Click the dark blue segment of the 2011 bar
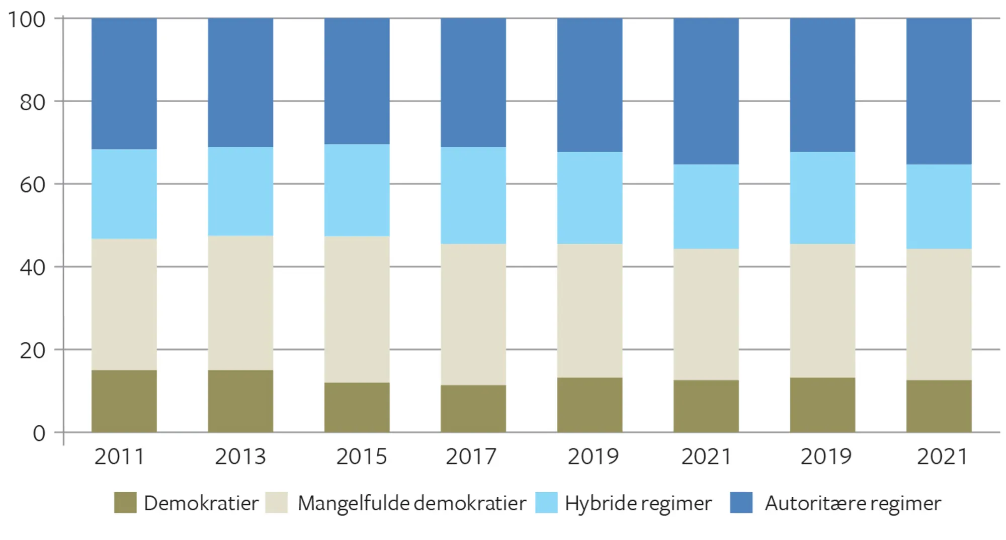point(124,83)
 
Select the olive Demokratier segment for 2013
point(240,401)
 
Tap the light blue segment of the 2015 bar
point(357,190)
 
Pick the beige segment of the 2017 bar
point(473,314)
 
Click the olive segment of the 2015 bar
point(357,407)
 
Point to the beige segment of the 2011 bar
point(124,304)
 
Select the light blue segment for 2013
point(240,191)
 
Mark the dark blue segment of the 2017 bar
point(473,82)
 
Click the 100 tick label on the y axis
point(27,20)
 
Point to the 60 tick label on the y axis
point(32,185)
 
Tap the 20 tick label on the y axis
point(32,350)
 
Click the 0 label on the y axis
point(39,433)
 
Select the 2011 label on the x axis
point(120,457)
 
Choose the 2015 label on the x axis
point(361,457)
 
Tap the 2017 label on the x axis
point(471,457)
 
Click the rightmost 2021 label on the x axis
point(942,457)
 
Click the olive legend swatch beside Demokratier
point(125,502)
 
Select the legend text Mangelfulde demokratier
point(411,503)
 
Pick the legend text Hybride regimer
point(638,503)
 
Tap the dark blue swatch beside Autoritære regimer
point(741,502)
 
